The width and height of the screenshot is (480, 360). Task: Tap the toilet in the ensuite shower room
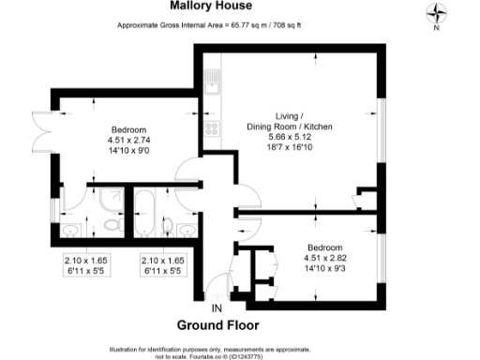point(112,226)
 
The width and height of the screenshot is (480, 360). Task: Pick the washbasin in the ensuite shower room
point(71,229)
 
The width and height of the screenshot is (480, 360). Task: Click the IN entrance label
point(217,307)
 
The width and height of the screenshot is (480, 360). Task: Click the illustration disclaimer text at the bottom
point(239,347)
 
